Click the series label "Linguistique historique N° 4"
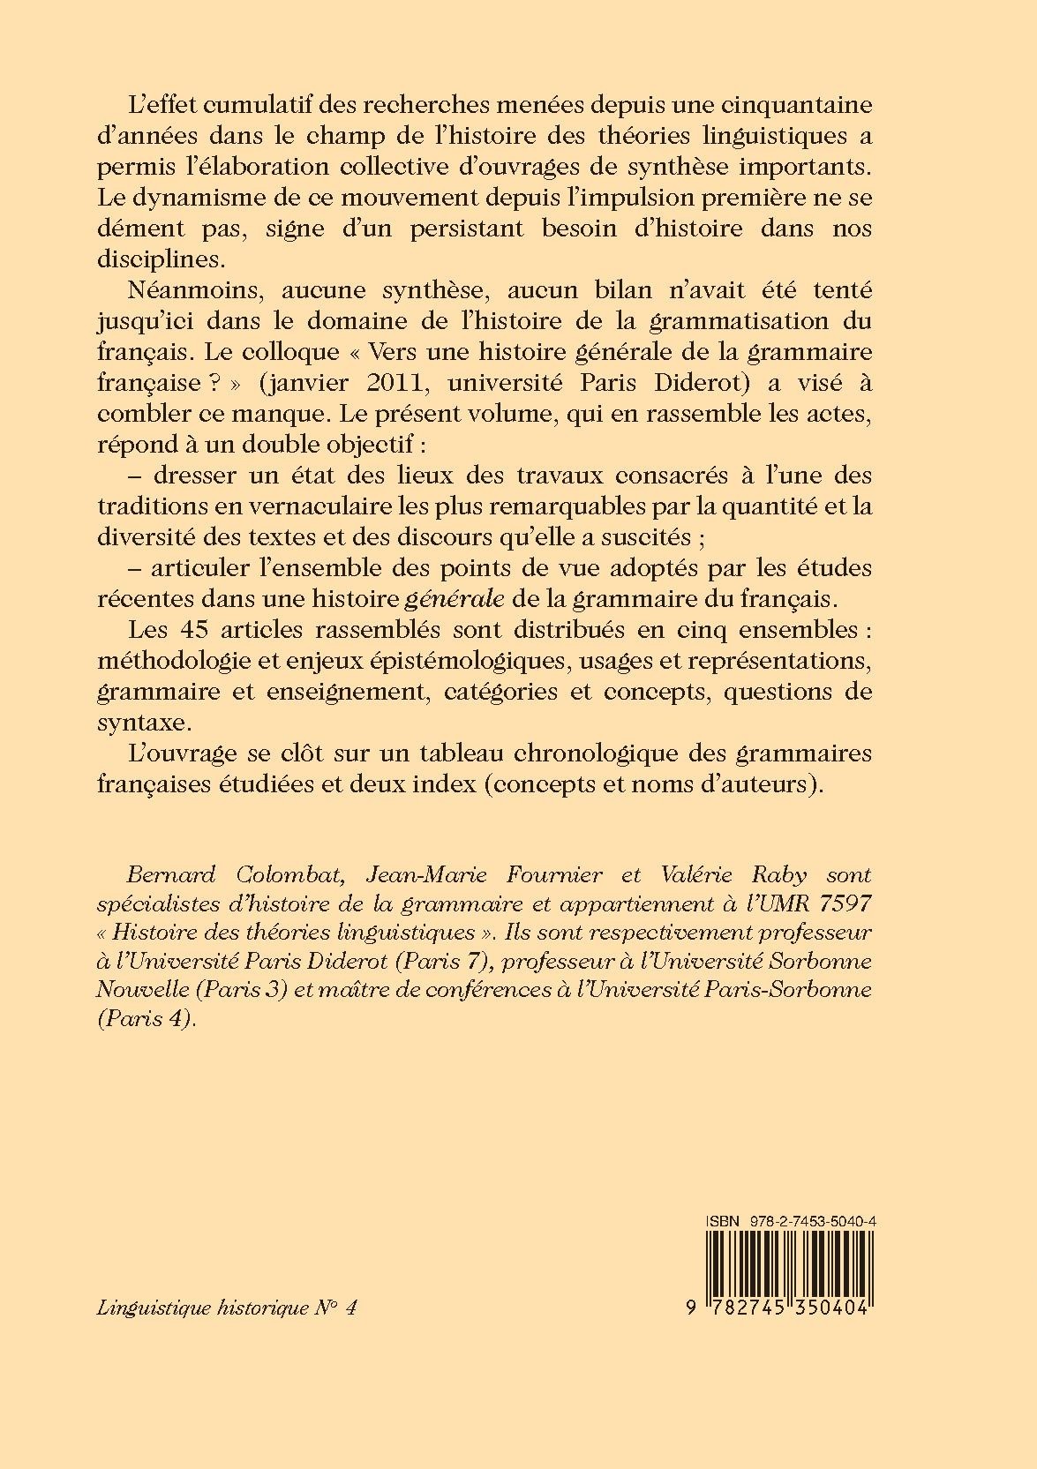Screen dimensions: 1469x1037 (228, 1308)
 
